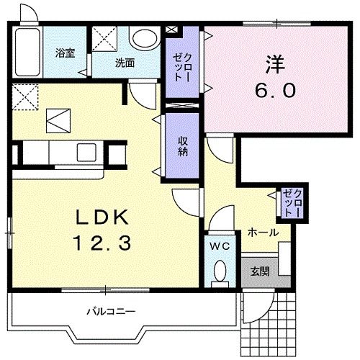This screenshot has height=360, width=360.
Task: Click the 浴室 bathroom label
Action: (66, 53)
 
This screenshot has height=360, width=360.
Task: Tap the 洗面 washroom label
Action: (125, 63)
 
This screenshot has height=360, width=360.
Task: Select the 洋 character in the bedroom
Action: (276, 63)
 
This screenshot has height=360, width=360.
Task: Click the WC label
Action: (219, 246)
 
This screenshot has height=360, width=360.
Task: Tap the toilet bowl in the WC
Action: (220, 272)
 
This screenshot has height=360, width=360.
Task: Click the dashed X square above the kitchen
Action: (24, 96)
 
